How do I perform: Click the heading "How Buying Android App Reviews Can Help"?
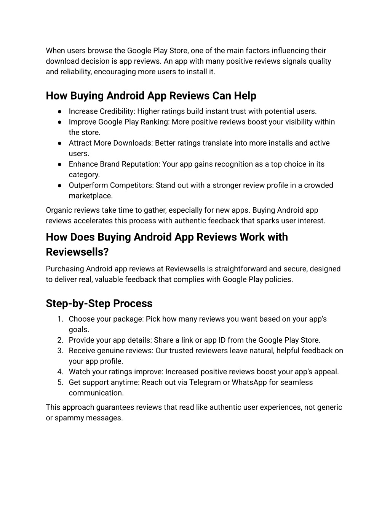[x=151, y=96]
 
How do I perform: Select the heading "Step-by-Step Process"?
[x=99, y=303]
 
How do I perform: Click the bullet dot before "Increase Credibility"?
[x=61, y=112]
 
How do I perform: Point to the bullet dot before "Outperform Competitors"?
[x=61, y=186]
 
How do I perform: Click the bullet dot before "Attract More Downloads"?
[x=61, y=143]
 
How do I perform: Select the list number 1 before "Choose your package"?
[x=60, y=319]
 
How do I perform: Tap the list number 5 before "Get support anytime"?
[x=60, y=383]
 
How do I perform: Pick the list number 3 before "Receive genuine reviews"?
[x=60, y=351]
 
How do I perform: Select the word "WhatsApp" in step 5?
[x=249, y=382]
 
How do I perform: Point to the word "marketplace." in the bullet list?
[x=91, y=196]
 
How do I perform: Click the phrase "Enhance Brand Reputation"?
[x=114, y=164]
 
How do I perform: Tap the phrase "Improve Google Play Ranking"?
[x=119, y=122]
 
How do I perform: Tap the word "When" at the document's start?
[x=56, y=51]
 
